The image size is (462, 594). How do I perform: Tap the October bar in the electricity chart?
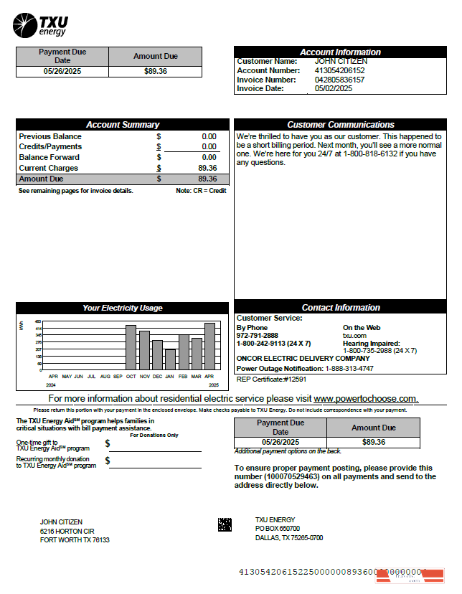click(x=131, y=347)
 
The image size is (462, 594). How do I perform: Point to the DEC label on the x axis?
click(x=157, y=376)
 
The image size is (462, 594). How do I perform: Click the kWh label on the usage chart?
click(x=22, y=326)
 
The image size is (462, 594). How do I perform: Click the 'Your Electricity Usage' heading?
click(x=123, y=308)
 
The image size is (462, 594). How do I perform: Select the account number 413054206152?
click(x=339, y=71)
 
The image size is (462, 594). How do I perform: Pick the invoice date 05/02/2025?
click(x=334, y=89)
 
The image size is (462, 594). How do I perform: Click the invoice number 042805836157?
click(x=339, y=80)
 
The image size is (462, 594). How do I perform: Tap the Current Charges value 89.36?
click(x=207, y=168)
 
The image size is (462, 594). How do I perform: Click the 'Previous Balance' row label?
click(x=50, y=136)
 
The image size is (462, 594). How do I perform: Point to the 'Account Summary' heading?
click(x=123, y=125)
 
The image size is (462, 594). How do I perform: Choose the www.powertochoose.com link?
click(x=365, y=399)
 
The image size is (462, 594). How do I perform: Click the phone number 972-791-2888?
click(x=258, y=335)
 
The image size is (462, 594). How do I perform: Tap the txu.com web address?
click(x=354, y=335)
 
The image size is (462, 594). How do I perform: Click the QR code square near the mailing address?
click(x=225, y=524)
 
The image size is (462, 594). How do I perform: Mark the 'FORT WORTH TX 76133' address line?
click(x=75, y=540)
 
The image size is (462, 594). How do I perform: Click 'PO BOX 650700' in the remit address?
click(x=278, y=529)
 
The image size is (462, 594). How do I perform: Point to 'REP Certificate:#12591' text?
click(x=271, y=379)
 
